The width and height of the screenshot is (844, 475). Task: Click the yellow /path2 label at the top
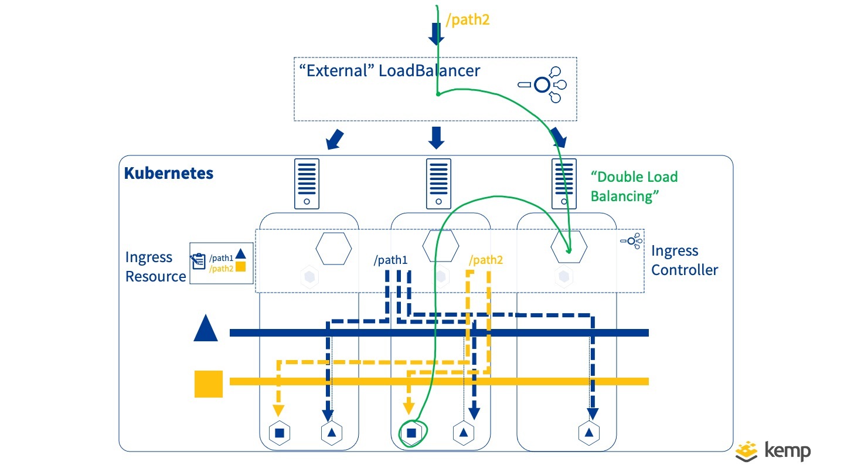click(468, 20)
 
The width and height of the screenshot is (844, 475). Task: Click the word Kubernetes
click(169, 174)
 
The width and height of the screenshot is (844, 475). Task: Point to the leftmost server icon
click(307, 184)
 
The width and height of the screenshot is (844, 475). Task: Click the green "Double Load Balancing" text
click(634, 186)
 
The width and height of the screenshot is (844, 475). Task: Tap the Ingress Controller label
click(685, 260)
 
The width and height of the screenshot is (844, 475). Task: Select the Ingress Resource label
click(155, 267)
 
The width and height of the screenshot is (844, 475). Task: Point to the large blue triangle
click(206, 328)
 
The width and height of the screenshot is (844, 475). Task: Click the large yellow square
click(209, 384)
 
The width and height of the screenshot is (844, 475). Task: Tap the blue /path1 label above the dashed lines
click(391, 260)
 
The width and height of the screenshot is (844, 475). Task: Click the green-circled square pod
click(411, 433)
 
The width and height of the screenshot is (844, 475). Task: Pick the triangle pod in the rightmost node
click(589, 433)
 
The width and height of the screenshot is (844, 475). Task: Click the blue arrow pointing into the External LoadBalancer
click(435, 33)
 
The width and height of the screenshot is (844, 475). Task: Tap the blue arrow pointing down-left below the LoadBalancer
click(334, 139)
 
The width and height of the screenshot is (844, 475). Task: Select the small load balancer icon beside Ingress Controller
click(631, 240)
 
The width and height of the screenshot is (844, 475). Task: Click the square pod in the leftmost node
click(280, 433)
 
